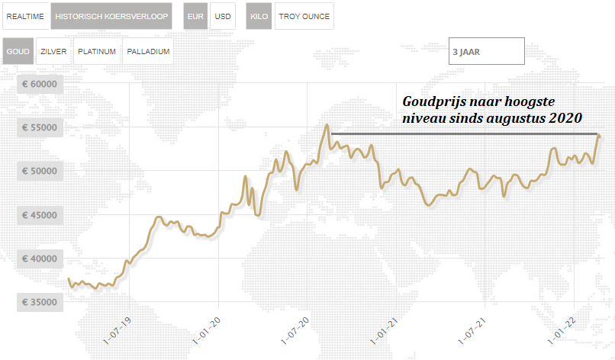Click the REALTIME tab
click(x=25, y=15)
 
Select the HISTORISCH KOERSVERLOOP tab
click(x=111, y=15)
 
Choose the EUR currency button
click(x=195, y=15)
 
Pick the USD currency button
click(x=223, y=15)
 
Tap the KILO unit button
click(x=259, y=15)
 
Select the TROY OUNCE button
click(x=304, y=15)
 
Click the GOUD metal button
click(x=18, y=52)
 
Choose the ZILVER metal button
click(x=53, y=52)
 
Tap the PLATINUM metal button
click(x=97, y=52)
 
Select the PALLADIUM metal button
click(x=148, y=52)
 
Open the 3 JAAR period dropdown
click(x=486, y=52)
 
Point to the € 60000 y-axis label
click(x=40, y=84)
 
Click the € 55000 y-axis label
click(x=40, y=127)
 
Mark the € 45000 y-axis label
click(x=40, y=215)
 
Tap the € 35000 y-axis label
click(x=40, y=303)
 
